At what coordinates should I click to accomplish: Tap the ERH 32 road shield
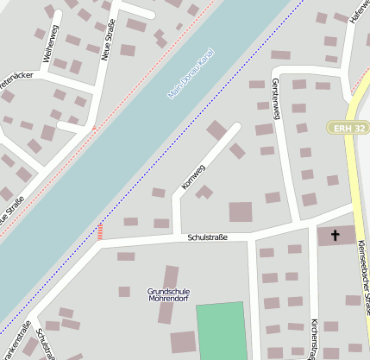pos(348,128)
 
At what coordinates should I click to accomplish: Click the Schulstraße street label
pos(207,237)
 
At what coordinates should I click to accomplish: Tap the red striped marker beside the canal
pos(100,231)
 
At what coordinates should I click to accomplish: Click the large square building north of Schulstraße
pos(241,212)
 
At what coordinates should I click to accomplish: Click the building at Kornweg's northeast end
pos(216,129)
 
